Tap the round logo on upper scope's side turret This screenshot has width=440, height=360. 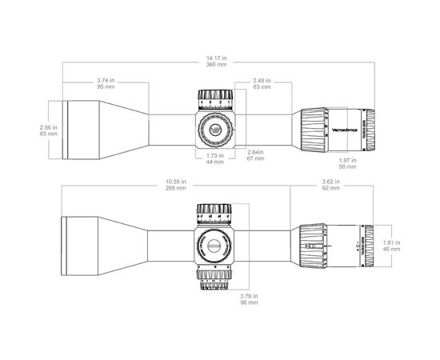(x=214, y=130)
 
